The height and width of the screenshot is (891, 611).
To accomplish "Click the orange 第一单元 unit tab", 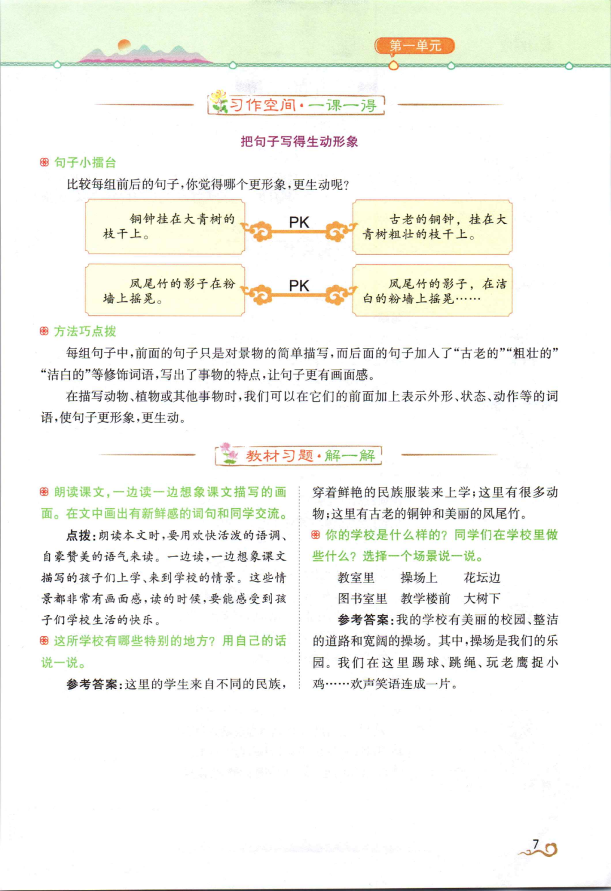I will point(415,46).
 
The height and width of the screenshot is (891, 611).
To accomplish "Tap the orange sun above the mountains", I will point(124,45).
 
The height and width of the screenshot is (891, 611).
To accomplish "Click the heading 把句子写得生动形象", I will point(299,142).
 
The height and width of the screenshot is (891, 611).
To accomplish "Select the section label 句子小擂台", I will point(85,162).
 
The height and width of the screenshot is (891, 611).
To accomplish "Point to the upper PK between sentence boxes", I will point(299,222).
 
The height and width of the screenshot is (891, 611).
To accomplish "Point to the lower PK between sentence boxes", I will point(299,286).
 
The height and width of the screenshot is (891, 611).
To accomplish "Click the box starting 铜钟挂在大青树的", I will point(165,226).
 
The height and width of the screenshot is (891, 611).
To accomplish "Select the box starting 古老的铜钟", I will point(432,226).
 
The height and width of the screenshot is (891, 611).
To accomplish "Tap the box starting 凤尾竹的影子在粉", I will point(165,290).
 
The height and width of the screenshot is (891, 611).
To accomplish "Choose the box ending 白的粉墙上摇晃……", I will point(432,290).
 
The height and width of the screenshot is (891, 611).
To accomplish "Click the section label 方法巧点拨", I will point(85,331).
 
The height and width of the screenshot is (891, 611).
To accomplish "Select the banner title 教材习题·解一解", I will point(310,456).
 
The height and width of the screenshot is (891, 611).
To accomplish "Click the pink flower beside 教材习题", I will point(228,453).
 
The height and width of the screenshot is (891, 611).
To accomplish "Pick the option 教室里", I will point(356,577).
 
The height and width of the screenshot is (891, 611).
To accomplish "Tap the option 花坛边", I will point(482,577).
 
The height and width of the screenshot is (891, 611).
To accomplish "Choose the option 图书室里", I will point(362,598).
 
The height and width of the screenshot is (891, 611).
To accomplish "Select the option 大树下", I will point(482,598).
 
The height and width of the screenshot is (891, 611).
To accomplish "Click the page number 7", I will point(535,845).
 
